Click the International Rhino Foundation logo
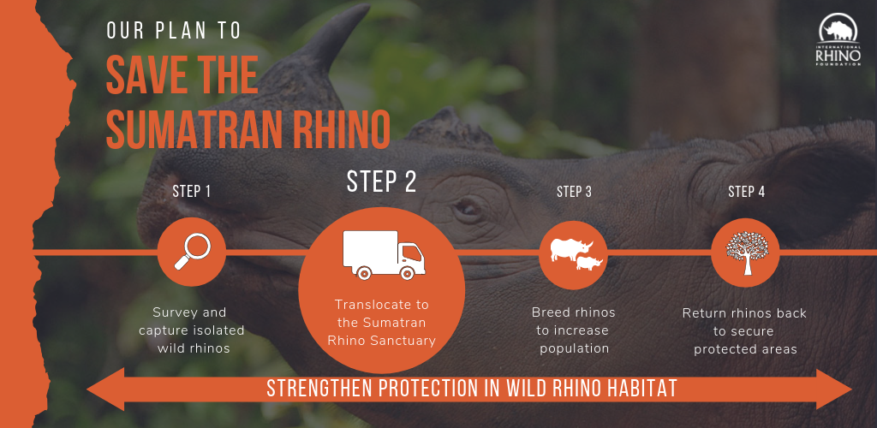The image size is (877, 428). [x=839, y=40]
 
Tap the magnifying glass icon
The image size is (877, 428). [x=192, y=252]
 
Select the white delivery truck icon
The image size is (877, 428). [x=384, y=255]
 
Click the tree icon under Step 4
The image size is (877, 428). [x=747, y=253]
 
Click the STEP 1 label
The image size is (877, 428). [x=191, y=192]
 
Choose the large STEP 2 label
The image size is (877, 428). [x=381, y=181]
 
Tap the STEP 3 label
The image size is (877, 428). [x=574, y=192]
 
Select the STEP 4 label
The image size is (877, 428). [x=746, y=192]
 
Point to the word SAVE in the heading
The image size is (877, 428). [x=143, y=74]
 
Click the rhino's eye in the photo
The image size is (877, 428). [x=465, y=208]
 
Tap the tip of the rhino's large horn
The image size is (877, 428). [x=367, y=6]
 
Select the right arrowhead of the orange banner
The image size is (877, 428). [x=834, y=389]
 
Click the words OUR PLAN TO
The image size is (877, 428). [x=173, y=31]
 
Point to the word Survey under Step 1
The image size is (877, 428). [x=175, y=313]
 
